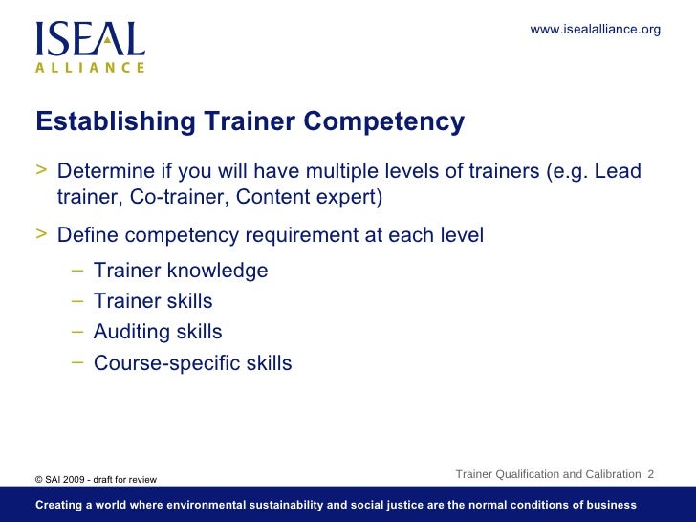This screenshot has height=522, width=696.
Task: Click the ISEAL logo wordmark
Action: click(90, 38)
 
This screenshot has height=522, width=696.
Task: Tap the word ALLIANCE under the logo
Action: click(90, 68)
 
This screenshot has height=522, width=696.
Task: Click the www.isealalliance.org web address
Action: click(595, 30)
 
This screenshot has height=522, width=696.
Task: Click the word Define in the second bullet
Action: click(87, 235)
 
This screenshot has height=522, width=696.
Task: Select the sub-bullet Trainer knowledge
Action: click(181, 271)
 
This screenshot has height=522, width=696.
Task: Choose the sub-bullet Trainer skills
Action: click(153, 301)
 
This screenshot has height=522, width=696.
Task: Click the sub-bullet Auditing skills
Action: click(158, 332)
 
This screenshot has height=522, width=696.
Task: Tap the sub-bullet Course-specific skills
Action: click(192, 363)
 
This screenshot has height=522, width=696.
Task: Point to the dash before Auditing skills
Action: click(77, 331)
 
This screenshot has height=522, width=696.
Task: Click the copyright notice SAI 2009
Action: click(72, 479)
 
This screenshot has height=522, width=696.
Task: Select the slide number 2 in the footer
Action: click(651, 474)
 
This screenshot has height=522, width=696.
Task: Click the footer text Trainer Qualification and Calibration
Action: click(548, 474)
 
